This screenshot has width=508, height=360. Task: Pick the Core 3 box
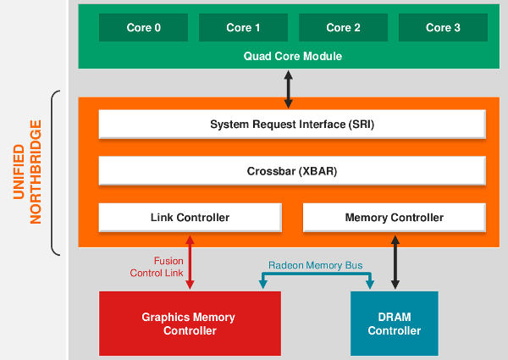442,27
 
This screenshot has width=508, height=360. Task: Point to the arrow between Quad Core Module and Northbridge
289,89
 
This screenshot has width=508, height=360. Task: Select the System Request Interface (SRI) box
292,125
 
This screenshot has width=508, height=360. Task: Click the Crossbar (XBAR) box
292,170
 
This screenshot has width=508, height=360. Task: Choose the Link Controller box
189,217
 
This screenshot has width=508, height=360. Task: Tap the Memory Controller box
394,217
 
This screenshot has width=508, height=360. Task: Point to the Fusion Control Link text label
157,267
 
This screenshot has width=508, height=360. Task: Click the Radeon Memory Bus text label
315,265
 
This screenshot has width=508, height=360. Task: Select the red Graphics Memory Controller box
189,324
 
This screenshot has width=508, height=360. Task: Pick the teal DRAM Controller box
394,324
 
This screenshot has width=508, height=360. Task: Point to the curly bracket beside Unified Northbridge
56,172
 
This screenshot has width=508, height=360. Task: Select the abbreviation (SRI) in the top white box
360,125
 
